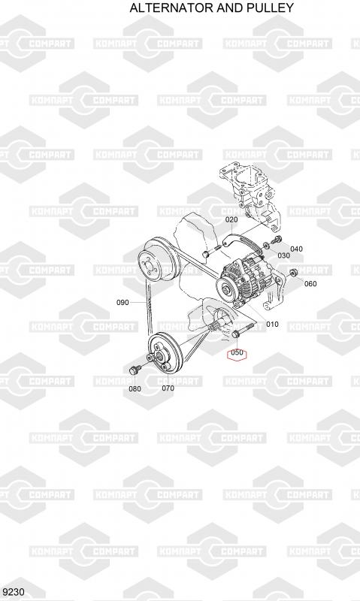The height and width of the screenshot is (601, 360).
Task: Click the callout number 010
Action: [x=272, y=325]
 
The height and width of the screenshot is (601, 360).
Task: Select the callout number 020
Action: [x=231, y=219]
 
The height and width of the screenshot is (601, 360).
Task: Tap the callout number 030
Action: [x=283, y=255]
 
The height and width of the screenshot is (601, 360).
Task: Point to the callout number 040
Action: [x=296, y=249]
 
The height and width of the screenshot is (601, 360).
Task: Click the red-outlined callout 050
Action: [x=237, y=352]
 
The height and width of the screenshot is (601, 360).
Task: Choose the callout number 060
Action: [x=310, y=284]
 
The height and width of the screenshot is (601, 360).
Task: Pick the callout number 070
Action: [x=168, y=388]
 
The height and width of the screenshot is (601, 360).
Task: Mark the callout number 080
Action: [x=135, y=388]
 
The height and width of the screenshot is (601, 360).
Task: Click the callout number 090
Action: [x=123, y=303]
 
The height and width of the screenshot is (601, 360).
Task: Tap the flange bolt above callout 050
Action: [x=242, y=331]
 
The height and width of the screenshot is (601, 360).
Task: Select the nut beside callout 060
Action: [x=294, y=272]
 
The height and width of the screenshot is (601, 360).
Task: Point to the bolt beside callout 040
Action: [x=276, y=241]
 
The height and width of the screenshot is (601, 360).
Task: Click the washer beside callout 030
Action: [x=266, y=246]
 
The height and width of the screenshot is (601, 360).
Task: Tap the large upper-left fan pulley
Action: [x=158, y=261]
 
